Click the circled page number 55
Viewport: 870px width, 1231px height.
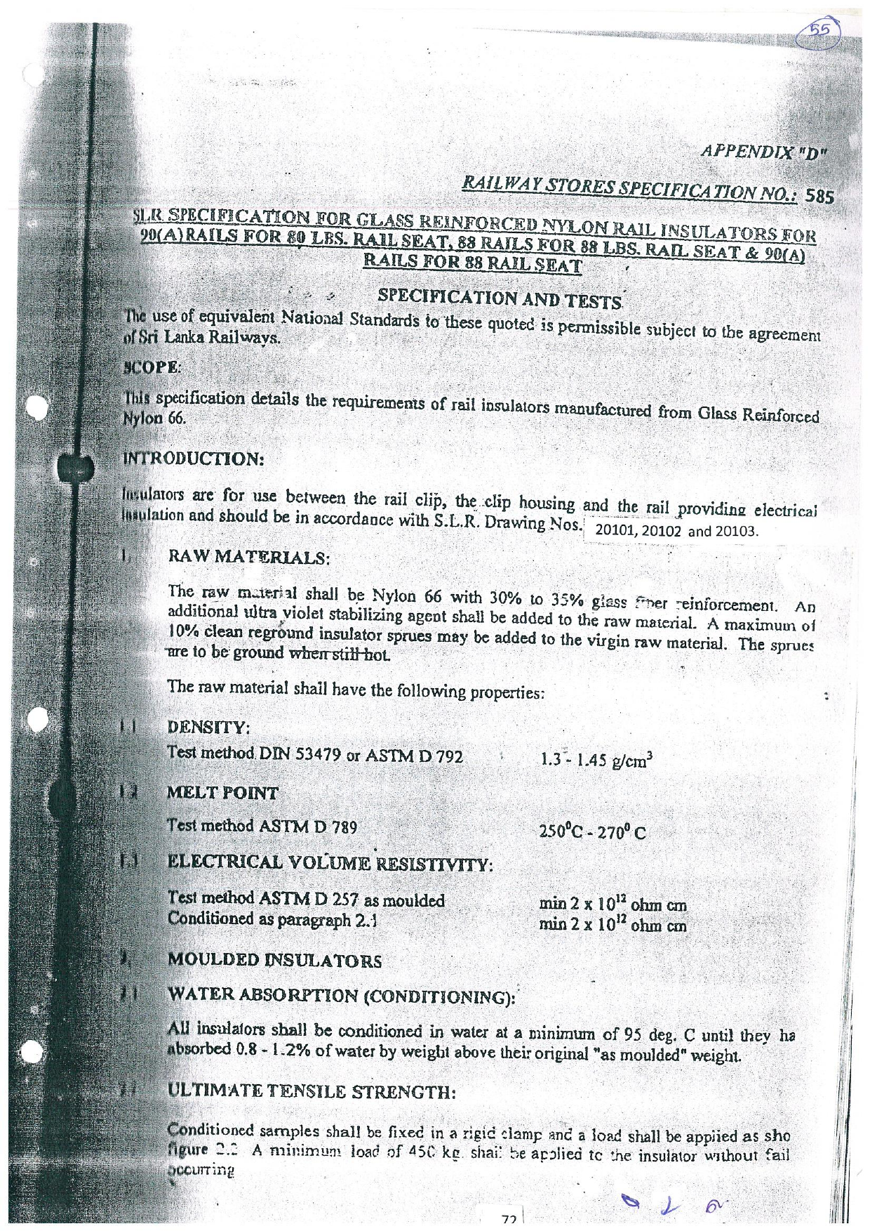(x=819, y=31)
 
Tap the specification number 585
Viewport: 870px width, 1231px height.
(x=819, y=197)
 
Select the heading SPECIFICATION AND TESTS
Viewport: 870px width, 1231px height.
(x=500, y=298)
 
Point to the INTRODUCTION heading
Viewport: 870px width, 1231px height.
(x=193, y=459)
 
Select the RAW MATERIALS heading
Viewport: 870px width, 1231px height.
(x=248, y=558)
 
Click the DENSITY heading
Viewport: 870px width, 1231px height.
(x=208, y=728)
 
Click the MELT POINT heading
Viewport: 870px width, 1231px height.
(x=222, y=794)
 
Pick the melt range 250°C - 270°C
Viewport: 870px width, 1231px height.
(x=592, y=832)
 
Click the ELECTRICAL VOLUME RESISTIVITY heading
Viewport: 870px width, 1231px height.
(x=330, y=862)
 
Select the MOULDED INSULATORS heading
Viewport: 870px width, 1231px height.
(x=274, y=960)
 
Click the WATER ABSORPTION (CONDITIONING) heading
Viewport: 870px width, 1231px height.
(x=341, y=996)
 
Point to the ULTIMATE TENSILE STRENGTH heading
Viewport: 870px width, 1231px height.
(x=312, y=1091)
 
